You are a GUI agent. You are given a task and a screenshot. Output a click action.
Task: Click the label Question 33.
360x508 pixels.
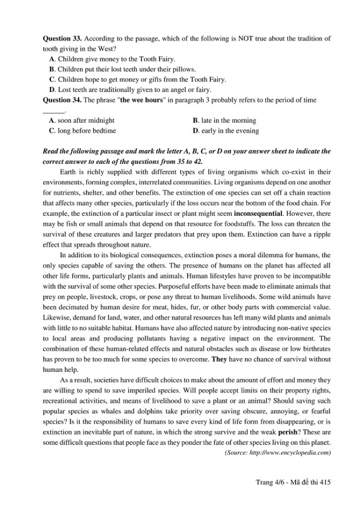pyautogui.click(x=61, y=39)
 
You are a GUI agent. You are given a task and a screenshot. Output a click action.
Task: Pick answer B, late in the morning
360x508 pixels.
pyautogui.click(x=224, y=120)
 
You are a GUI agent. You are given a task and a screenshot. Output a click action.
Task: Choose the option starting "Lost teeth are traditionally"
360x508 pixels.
pyautogui.click(x=130, y=89)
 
